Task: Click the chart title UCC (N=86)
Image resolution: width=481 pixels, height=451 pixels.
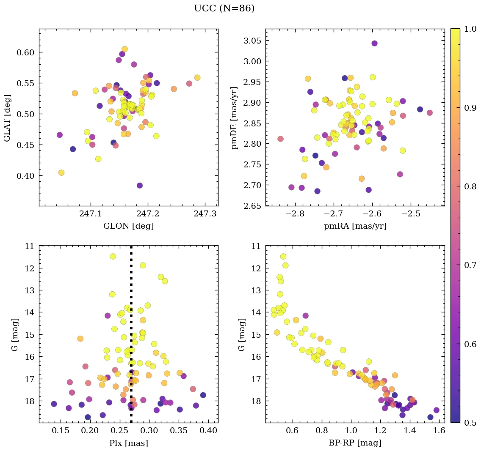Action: [224, 8]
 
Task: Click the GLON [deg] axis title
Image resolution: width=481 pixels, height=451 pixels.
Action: [128, 226]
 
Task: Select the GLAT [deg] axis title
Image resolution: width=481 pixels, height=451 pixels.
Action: [7, 118]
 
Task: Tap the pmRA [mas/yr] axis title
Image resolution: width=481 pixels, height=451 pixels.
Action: [355, 226]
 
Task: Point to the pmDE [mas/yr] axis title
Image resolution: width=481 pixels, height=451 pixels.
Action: [234, 118]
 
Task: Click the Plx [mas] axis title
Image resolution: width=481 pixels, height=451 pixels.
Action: [128, 443]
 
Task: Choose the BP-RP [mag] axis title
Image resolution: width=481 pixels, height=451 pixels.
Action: [355, 443]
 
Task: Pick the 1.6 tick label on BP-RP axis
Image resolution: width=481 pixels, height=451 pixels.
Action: [439, 432]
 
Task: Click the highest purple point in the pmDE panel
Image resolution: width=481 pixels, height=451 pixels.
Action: [374, 43]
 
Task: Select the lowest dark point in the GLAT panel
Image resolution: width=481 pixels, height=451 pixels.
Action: [140, 186]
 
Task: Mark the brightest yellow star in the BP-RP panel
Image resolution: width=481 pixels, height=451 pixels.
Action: [283, 256]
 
